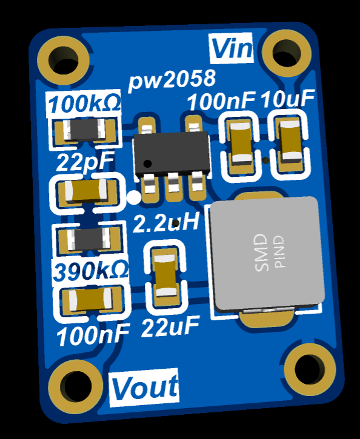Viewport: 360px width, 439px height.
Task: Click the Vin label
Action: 232,48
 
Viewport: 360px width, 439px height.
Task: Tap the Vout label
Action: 145,388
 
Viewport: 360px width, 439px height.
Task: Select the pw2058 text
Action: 172,80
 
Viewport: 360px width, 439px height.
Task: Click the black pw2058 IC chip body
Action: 172,153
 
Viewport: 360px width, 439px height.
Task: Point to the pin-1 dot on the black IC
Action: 147,163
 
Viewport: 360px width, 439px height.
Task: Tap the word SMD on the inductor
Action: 261,253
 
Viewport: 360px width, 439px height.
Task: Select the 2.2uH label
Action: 167,222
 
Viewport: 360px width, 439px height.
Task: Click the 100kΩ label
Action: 84,103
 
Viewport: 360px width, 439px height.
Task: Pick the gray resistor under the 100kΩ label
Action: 84,130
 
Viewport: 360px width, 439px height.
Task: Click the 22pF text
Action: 85,162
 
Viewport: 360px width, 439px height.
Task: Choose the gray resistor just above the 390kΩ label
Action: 89,239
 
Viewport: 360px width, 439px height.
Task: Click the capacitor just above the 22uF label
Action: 166,276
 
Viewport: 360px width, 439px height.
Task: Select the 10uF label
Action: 288,99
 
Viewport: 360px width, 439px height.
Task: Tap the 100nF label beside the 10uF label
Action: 221,101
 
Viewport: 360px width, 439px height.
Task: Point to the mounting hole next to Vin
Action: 287,53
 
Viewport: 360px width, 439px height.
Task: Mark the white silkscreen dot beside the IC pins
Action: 134,197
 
